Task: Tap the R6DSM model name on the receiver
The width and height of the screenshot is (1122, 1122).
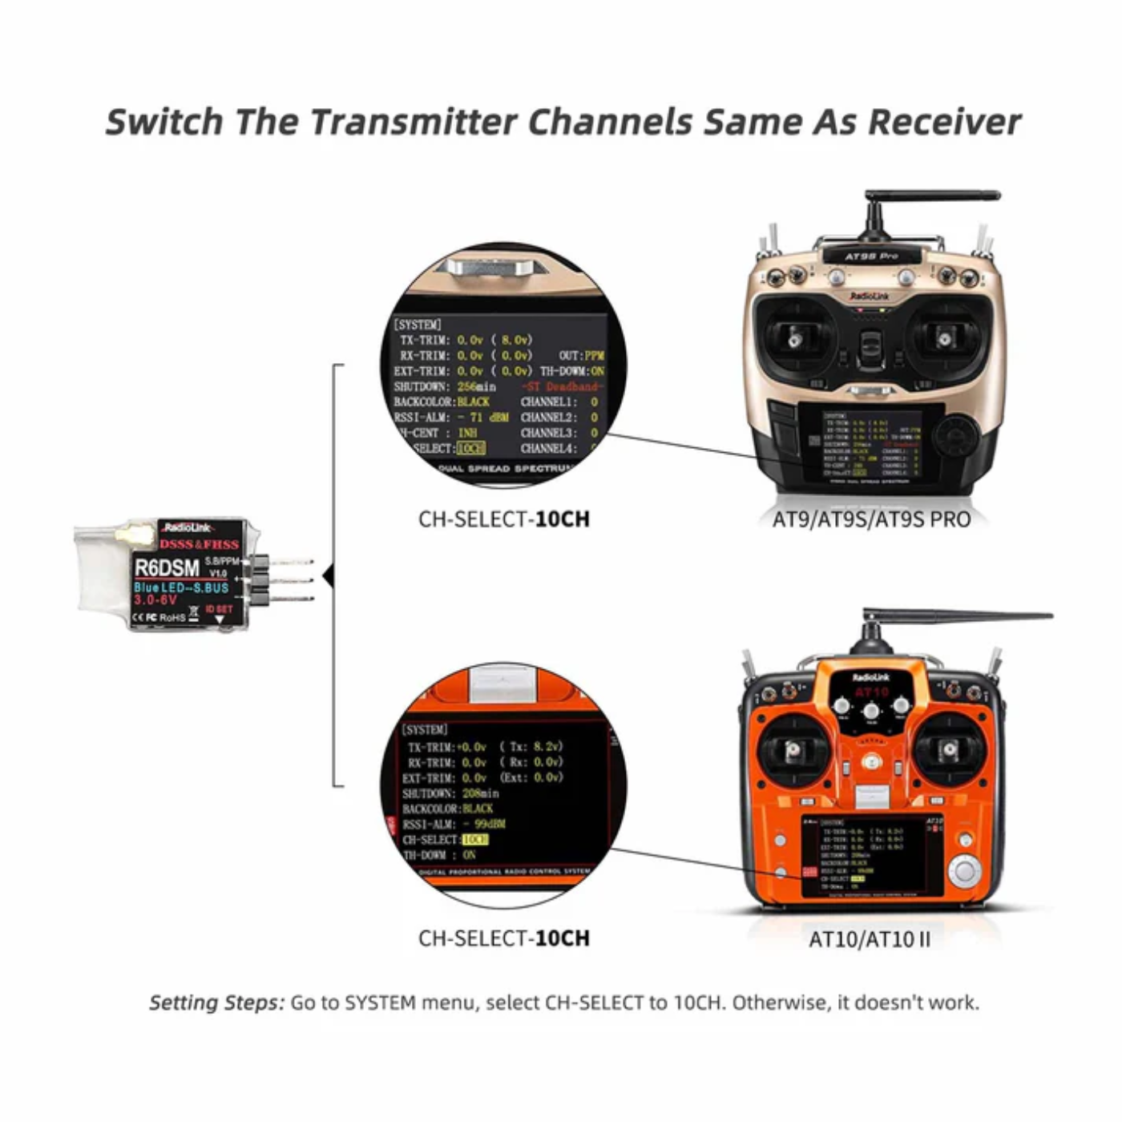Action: [x=167, y=568]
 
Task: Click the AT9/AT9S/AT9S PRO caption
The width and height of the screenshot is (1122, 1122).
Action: [x=871, y=519]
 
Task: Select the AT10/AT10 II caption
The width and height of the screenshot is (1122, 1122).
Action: [x=870, y=938]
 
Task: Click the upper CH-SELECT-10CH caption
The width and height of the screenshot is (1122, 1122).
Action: [x=503, y=519]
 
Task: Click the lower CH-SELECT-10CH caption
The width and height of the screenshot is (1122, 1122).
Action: [x=503, y=938]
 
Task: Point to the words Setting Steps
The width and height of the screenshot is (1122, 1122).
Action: [x=216, y=1003]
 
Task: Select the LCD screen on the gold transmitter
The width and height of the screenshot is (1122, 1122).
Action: [x=870, y=445]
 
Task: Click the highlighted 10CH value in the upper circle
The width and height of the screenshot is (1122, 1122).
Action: [x=471, y=449]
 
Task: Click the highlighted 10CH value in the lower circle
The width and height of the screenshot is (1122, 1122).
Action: [x=475, y=840]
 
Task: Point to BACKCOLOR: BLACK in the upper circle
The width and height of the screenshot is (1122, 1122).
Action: [x=442, y=402]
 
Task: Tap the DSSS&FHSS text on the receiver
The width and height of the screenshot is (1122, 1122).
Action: [x=199, y=544]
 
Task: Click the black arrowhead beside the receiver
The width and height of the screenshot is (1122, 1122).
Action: [x=328, y=575]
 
